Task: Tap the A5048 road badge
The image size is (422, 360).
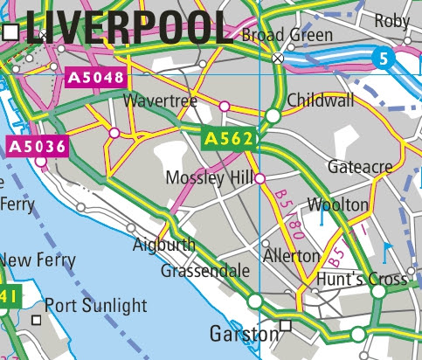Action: [96, 79]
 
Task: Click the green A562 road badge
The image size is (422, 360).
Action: [228, 139]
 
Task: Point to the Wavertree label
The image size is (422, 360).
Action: [161, 102]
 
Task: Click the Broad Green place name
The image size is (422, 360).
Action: [287, 36]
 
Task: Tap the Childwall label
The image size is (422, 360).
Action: [321, 100]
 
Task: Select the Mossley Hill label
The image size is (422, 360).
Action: [209, 179]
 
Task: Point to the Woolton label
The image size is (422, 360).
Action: [338, 204]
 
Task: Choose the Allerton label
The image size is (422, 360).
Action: [292, 256]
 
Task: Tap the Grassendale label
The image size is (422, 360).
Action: [205, 271]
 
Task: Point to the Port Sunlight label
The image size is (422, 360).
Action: [96, 306]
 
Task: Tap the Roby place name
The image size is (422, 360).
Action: [392, 20]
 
